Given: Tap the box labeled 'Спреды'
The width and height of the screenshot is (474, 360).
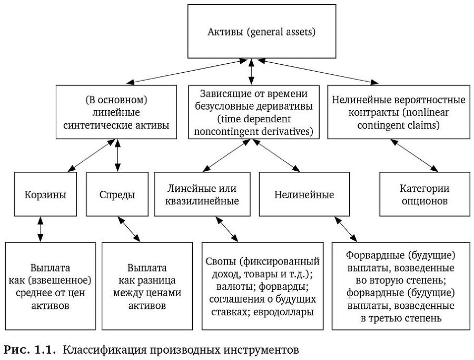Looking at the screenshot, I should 116,194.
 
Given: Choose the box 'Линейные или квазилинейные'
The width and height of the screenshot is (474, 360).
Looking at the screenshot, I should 202,194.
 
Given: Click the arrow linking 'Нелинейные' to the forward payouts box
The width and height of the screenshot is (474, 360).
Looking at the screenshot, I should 344,229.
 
